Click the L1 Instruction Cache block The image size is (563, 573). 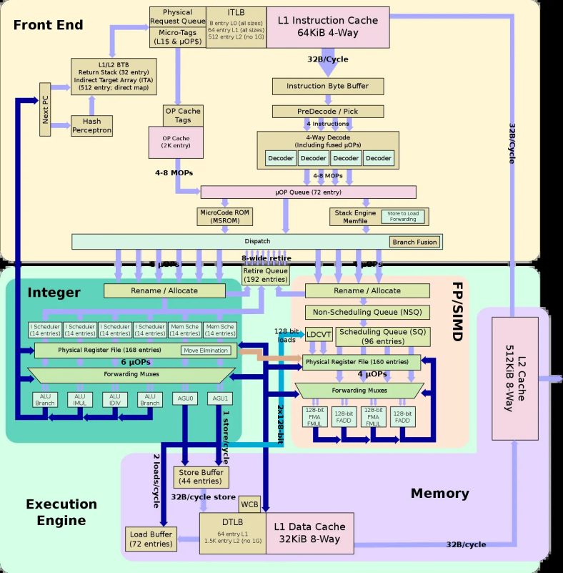pos(328,27)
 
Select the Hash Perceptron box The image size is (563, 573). pos(91,126)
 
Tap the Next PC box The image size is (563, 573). pos(46,108)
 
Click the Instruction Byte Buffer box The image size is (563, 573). pos(327,86)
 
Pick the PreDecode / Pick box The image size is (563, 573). pos(327,112)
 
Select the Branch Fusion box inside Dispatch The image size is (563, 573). pos(413,242)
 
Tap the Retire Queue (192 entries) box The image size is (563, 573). pos(265,275)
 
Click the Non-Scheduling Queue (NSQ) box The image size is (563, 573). pos(367,313)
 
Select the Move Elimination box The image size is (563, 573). pos(206,351)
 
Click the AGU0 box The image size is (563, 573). pos(185,398)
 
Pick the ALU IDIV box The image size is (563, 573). pos(114,399)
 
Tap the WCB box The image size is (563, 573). pos(249,504)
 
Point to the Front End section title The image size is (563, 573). pos(48,25)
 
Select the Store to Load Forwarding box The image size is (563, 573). pos(403,215)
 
